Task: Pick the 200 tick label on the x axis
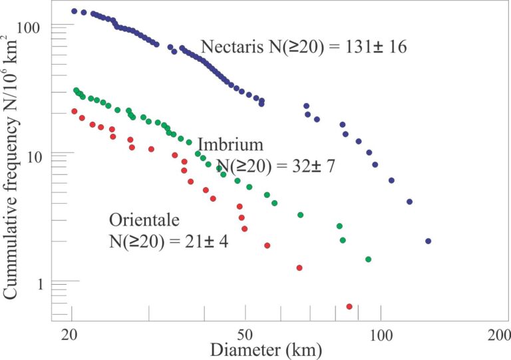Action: click(x=498, y=333)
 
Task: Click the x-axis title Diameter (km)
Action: click(x=265, y=349)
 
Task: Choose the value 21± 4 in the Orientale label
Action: click(x=202, y=242)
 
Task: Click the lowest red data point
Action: click(x=349, y=306)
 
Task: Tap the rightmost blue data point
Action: click(x=428, y=241)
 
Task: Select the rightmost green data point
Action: click(x=368, y=259)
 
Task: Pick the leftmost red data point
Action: click(x=75, y=111)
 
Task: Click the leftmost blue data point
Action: click(x=74, y=11)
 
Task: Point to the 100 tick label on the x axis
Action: click(x=381, y=333)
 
